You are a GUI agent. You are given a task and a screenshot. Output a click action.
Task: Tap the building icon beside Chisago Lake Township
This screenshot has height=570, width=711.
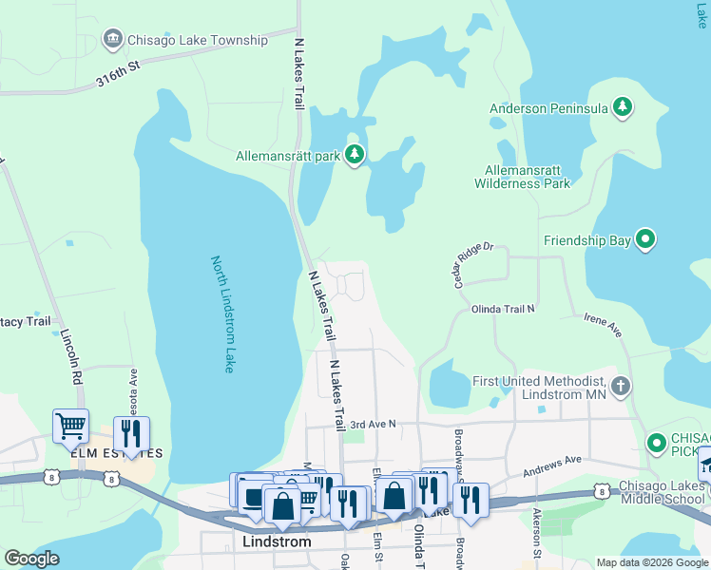point(114,39)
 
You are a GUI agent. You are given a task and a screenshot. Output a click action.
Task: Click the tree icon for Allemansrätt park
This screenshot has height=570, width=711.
point(355,154)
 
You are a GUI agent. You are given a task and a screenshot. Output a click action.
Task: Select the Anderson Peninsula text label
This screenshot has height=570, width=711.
point(548,108)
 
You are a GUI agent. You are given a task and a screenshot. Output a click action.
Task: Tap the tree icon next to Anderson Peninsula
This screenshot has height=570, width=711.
point(623,106)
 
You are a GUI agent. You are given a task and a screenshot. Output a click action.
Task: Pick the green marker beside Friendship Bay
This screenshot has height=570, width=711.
point(645,239)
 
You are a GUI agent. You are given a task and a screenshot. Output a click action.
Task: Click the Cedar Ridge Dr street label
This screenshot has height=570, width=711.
point(468,260)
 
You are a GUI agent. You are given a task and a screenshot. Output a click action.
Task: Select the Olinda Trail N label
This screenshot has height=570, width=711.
point(503,309)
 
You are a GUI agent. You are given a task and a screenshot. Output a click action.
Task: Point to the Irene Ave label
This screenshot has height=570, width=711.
point(603,327)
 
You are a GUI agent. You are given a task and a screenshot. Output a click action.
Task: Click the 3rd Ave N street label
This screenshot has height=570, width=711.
point(372,425)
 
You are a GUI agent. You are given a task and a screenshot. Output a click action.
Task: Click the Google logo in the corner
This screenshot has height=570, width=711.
point(32,559)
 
